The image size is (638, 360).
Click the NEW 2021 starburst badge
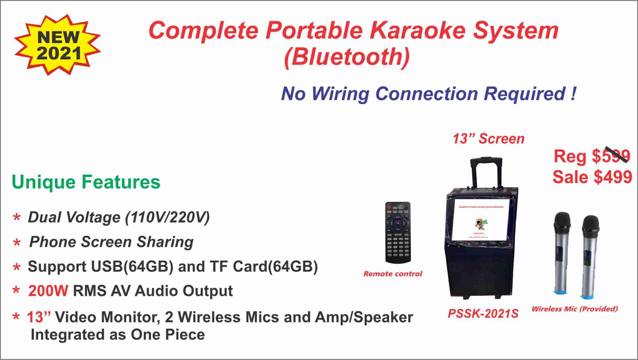pos(58,45)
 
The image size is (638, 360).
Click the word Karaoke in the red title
pos(417,31)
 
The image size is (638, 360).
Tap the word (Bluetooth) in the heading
pos(347,57)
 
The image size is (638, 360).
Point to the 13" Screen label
pos(488,139)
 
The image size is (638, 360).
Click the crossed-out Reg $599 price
pos(592,156)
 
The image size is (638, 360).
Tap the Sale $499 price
pos(592,177)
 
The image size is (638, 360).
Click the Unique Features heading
pos(86,182)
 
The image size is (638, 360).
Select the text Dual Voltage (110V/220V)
pos(119,217)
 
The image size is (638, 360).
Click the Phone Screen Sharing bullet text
pos(111,242)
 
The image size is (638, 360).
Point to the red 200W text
pos(48,291)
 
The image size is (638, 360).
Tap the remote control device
pos(398,232)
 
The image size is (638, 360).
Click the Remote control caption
pos(393,274)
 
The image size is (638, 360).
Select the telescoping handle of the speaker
pos(486,171)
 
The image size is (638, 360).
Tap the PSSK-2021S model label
pos(483,314)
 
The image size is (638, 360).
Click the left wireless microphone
pos(562,252)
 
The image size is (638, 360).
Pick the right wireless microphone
pos(590,256)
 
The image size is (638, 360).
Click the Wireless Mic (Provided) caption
pos(574,309)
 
